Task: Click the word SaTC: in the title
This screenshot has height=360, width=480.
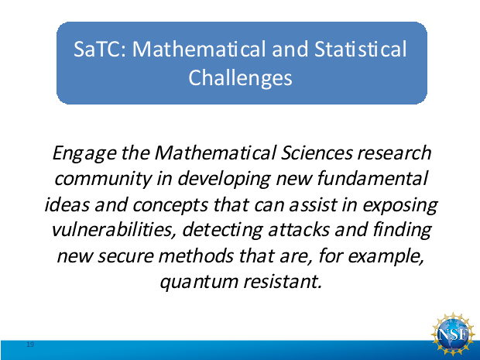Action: click(100, 49)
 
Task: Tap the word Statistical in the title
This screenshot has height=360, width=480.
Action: click(361, 49)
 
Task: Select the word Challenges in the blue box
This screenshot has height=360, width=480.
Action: click(240, 77)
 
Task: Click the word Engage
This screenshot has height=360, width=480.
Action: click(84, 153)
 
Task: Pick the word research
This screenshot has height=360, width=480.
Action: click(394, 153)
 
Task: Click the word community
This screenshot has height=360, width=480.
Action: click(103, 179)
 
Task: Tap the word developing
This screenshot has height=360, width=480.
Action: click(225, 180)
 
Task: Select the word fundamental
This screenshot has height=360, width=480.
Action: click(372, 178)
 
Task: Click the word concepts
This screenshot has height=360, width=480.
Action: click(170, 205)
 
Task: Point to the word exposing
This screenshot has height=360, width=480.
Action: click(400, 205)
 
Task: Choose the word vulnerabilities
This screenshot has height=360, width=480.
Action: click(114, 230)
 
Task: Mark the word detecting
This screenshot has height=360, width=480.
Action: click(222, 231)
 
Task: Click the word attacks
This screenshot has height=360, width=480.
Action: click(299, 230)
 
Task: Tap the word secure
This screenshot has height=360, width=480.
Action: click(125, 256)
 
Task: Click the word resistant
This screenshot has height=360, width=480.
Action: click(283, 281)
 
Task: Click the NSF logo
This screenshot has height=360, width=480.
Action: click(453, 334)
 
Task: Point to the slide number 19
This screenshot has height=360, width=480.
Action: click(30, 345)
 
